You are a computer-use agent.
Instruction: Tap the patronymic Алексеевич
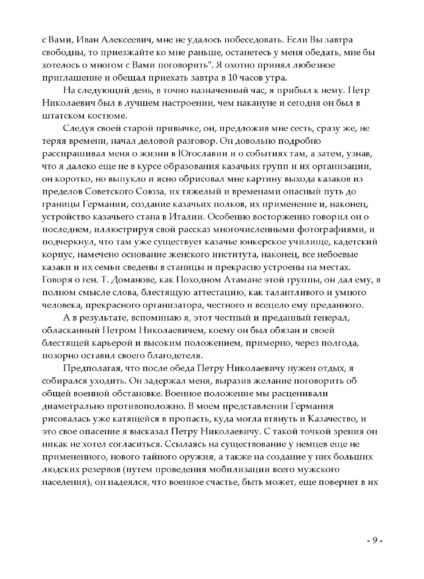point(128,40)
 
